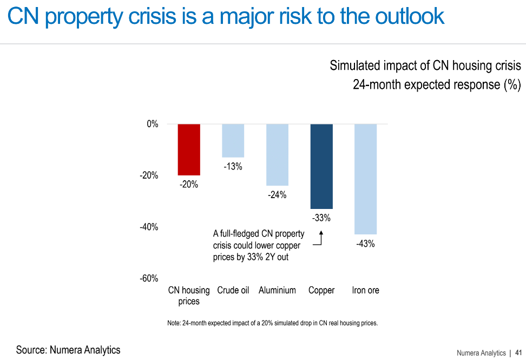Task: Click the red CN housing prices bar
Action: coord(189,149)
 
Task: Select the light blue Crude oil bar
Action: coord(233,140)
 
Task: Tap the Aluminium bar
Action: coord(277,154)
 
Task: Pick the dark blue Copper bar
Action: coord(321,166)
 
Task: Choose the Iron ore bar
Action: coord(365,179)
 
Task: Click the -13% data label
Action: coord(233,167)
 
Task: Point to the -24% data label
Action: coord(277,195)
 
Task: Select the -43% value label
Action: coord(365,244)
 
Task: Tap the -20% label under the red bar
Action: coord(189,185)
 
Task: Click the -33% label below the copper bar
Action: coord(321,218)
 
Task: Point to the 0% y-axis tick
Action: coord(152,124)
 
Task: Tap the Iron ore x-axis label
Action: coord(365,290)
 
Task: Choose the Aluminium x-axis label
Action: coord(277,290)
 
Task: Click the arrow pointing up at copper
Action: coord(320,238)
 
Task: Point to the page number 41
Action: coord(518,353)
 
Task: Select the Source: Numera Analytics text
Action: coord(68,350)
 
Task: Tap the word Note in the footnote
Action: coord(174,323)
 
